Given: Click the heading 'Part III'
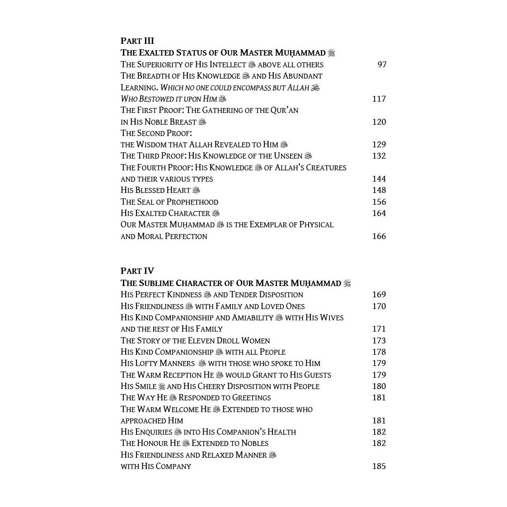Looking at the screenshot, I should [137, 41].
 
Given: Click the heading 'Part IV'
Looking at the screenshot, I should [137, 271].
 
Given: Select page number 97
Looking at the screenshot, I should [382, 65].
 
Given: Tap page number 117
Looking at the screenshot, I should [379, 99].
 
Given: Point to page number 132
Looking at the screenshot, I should [379, 156].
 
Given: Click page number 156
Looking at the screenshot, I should [379, 202].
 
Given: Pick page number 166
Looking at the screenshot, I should [379, 236].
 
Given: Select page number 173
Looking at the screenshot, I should [379, 341].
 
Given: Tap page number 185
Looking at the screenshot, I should [379, 466].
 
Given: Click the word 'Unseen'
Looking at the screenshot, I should [288, 156].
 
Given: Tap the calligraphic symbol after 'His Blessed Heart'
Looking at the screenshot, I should [196, 190].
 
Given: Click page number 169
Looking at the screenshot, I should [379, 295].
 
